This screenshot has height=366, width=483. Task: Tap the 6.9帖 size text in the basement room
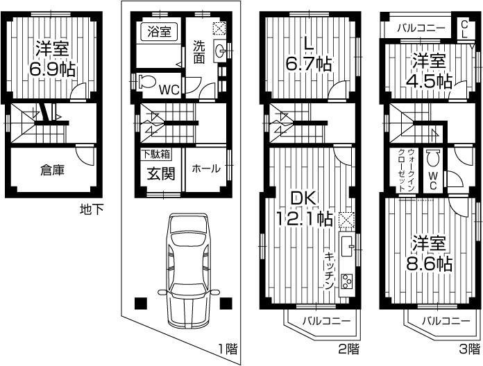[x=52, y=70]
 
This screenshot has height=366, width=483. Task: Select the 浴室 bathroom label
[x=160, y=31]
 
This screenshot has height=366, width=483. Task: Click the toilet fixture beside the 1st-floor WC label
[x=146, y=82]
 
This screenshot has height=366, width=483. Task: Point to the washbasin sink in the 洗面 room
[x=219, y=50]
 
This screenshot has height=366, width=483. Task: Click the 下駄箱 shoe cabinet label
[x=157, y=154]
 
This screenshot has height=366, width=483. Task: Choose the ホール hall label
[x=205, y=169]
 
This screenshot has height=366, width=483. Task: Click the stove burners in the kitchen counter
[x=346, y=281]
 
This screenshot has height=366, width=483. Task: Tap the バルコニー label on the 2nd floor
[x=325, y=321]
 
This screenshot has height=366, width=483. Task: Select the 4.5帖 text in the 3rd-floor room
[x=429, y=80]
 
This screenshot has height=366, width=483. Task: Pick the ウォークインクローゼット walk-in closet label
[x=406, y=170]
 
